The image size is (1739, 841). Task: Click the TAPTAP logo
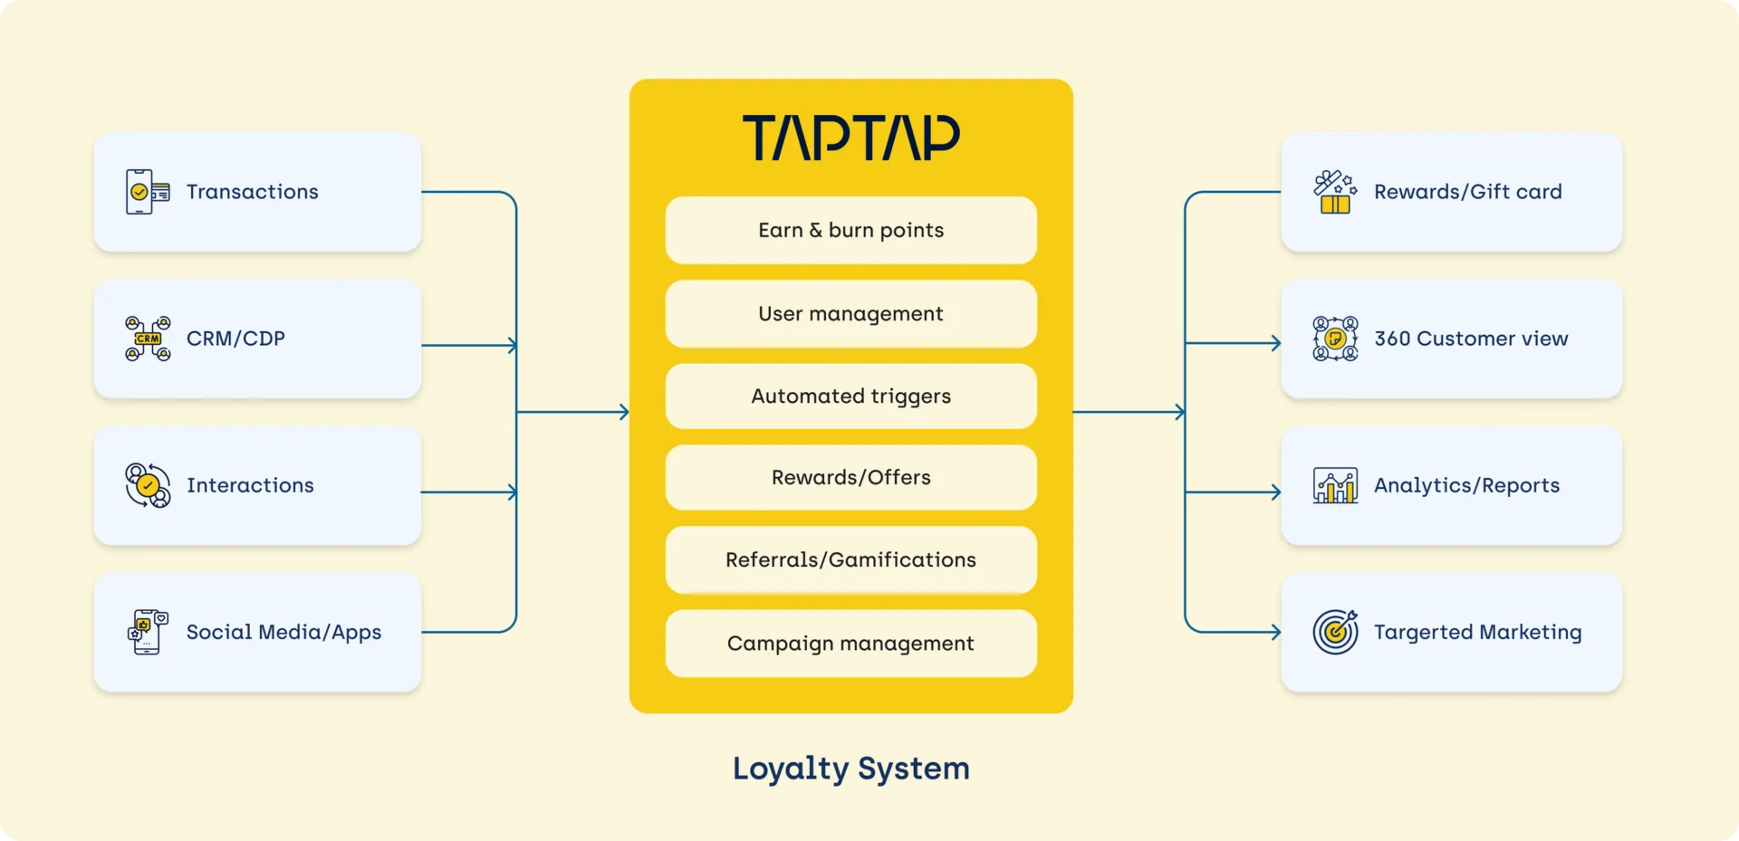point(850,138)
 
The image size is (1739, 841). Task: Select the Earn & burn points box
point(850,230)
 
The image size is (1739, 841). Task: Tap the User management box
point(850,313)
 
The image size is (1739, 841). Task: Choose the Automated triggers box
point(850,396)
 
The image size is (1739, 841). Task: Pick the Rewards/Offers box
point(850,477)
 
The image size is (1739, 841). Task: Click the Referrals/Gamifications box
point(850,559)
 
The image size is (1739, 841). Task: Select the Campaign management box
point(850,643)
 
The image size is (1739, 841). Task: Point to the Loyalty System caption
point(850,769)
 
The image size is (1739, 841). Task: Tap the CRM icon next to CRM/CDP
point(148,339)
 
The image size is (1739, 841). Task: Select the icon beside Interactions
point(148,485)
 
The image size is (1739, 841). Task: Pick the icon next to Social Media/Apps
point(148,632)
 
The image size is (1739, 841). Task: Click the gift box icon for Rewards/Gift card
point(1335,192)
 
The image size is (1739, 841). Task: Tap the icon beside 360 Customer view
point(1335,339)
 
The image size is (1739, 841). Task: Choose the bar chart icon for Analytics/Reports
point(1335,485)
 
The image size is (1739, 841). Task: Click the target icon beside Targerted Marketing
point(1335,632)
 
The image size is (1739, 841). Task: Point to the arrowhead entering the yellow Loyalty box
point(623,412)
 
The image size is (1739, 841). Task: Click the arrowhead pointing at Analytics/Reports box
point(1275,492)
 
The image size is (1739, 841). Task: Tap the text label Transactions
point(253,192)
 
